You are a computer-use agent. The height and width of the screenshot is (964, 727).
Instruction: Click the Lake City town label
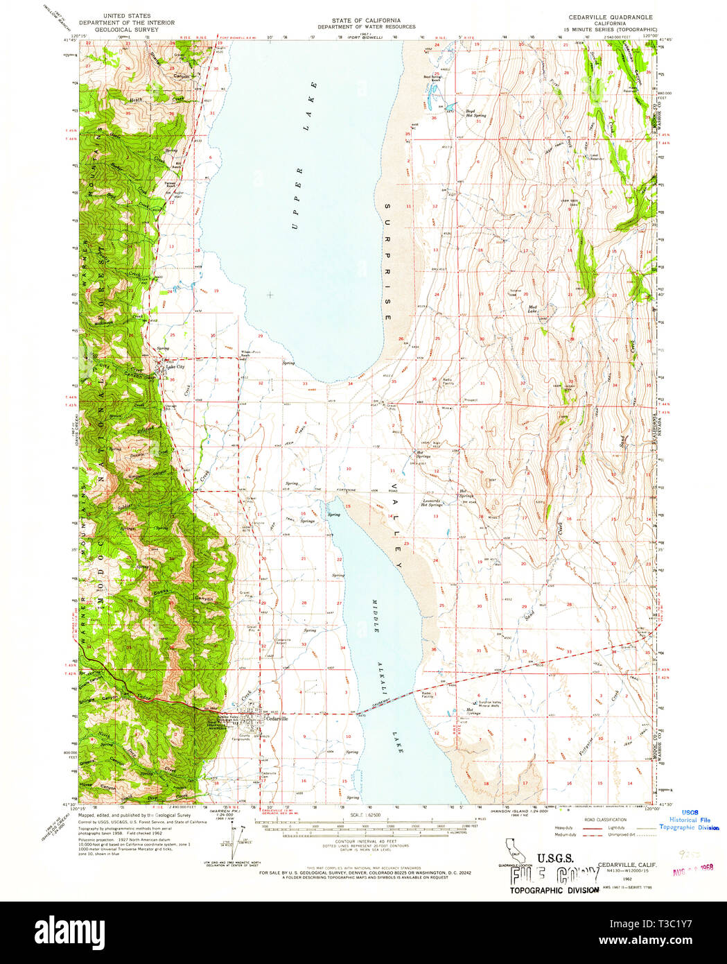[175, 366]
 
